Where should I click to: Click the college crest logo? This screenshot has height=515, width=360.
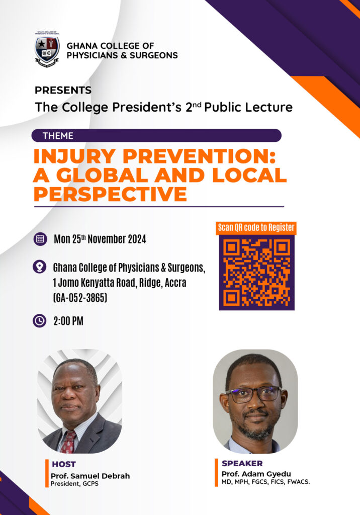point(47,49)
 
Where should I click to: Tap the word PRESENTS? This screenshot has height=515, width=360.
point(63,90)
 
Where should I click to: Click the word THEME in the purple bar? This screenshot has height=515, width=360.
point(58,136)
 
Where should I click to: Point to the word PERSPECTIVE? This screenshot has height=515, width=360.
point(111,194)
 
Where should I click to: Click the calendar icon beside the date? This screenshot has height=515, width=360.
point(40,239)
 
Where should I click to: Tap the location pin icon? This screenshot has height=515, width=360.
point(39,267)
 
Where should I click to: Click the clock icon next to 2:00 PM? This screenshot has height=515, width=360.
point(39,320)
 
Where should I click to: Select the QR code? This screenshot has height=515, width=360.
point(256,273)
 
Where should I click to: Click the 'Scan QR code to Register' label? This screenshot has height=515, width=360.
point(256,228)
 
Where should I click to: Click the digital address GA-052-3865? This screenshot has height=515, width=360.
point(80,298)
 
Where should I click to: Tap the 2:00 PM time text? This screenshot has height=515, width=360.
point(68,321)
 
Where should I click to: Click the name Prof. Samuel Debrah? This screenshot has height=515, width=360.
point(91,476)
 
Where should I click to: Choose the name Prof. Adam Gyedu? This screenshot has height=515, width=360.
point(256,474)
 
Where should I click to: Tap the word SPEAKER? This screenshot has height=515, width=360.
point(242,463)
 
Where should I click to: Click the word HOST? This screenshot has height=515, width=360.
point(64,464)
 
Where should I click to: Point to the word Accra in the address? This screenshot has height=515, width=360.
point(175,283)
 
